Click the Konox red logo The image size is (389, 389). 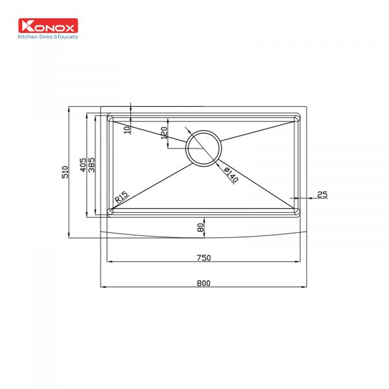click(48, 25)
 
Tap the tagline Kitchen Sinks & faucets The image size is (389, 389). click(48, 37)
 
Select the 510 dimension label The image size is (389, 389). click(65, 172)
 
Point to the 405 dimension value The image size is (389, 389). click(83, 165)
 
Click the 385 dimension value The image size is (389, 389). click(91, 165)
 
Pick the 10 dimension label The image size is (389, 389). click(127, 130)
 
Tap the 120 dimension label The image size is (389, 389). click(164, 133)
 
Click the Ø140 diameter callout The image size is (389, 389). click(231, 175)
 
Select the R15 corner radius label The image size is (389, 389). click(122, 196)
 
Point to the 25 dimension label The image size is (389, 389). click(322, 194)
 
